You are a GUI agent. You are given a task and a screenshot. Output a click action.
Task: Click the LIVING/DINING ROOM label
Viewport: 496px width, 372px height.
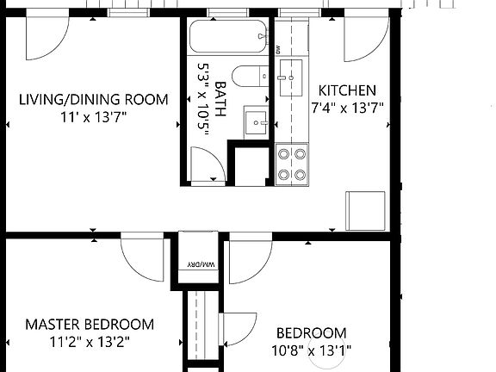pyautogui.click(x=93, y=99)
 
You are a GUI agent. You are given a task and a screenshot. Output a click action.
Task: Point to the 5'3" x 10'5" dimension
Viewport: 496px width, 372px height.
pyautogui.click(x=204, y=100)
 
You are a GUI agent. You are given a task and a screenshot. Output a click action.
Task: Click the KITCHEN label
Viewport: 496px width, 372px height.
pyautogui.click(x=347, y=90)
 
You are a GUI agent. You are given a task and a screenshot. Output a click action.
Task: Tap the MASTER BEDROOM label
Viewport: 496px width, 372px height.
pyautogui.click(x=90, y=325)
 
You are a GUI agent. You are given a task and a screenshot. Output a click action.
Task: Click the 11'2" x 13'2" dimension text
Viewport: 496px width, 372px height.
pyautogui.click(x=90, y=341)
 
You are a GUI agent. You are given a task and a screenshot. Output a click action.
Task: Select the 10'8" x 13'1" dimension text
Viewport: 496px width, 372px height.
pyautogui.click(x=312, y=350)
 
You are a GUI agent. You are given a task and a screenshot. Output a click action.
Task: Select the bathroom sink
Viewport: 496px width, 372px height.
pyautogui.click(x=256, y=121)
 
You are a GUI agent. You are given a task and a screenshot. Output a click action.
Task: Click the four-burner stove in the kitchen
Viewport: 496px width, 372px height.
pyautogui.click(x=292, y=164)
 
